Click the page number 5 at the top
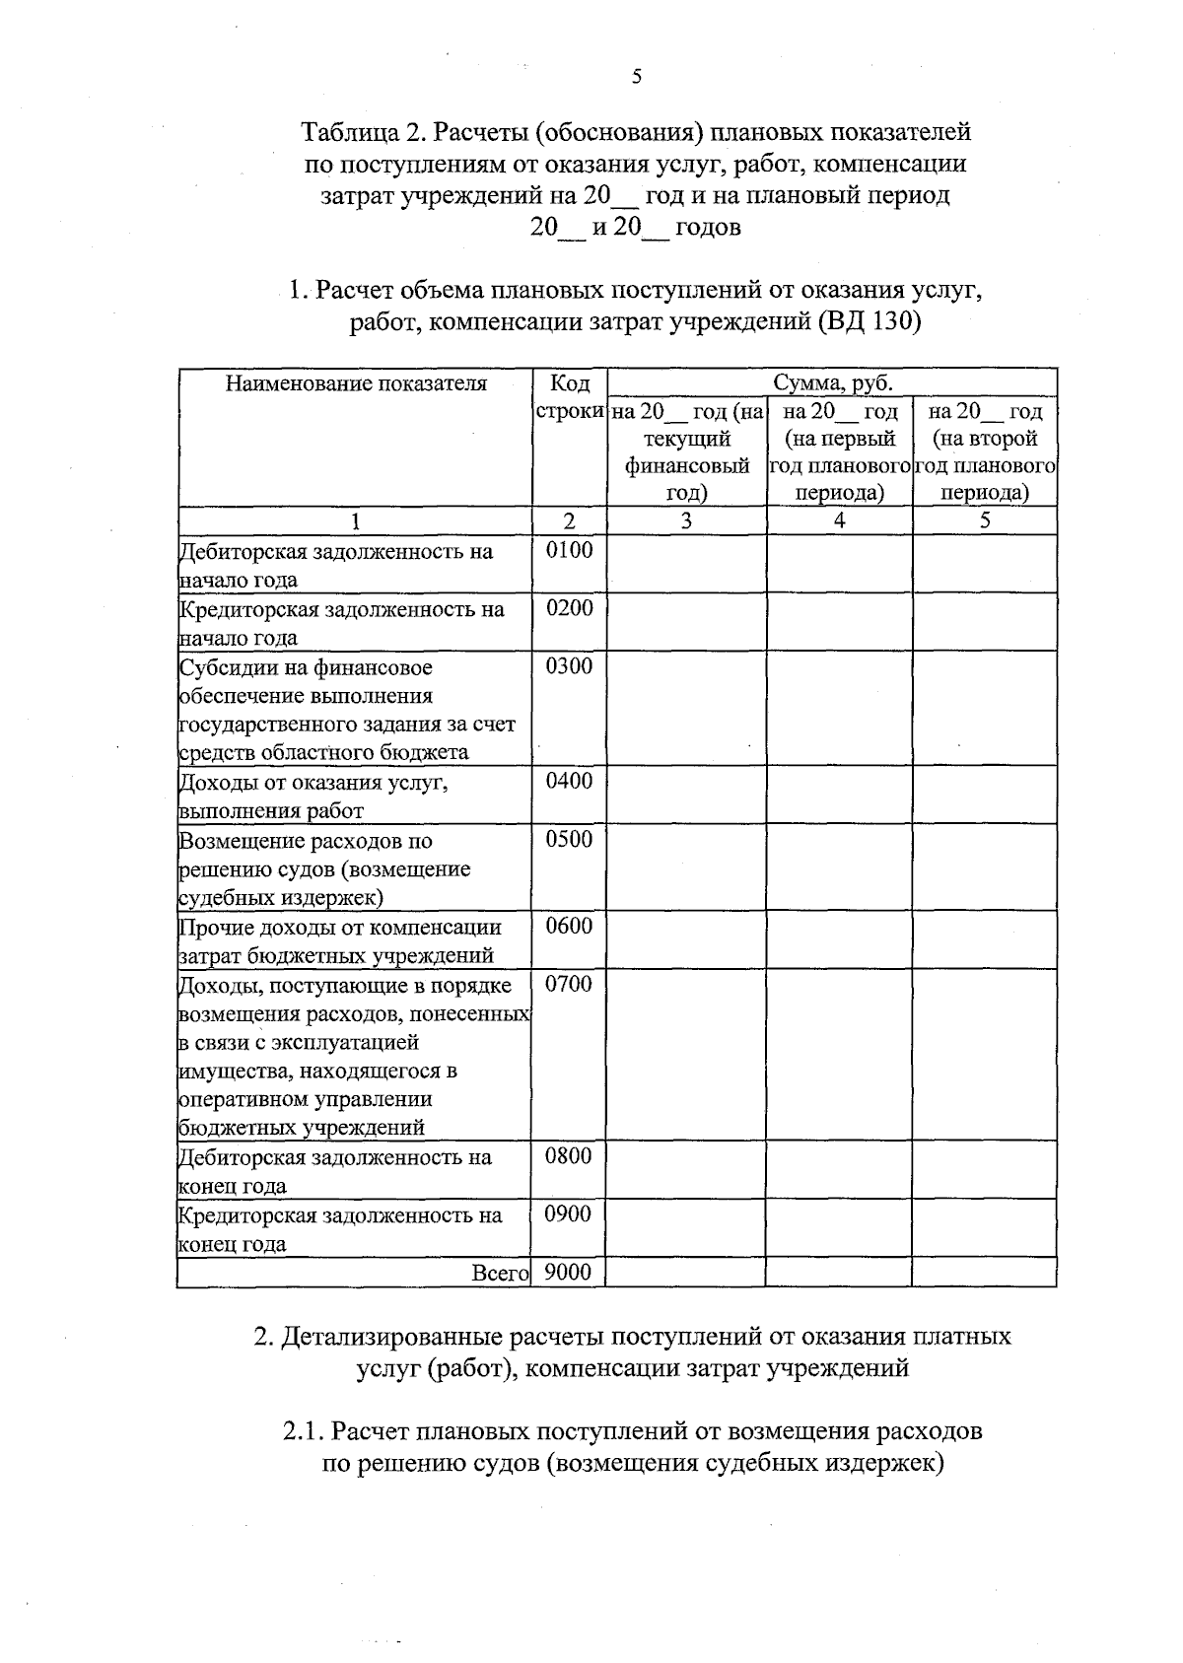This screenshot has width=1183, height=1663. (x=637, y=77)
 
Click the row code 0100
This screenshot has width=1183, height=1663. (x=570, y=550)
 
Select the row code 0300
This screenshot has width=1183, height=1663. (x=570, y=666)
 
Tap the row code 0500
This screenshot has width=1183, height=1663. (x=570, y=839)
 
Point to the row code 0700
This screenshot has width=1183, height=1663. (x=569, y=983)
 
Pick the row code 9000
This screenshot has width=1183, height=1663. (x=568, y=1273)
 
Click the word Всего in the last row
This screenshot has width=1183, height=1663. (x=501, y=1274)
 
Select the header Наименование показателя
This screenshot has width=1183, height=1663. (x=356, y=383)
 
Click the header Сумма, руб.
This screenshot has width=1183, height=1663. (x=832, y=382)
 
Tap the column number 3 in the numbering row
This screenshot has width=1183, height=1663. (x=686, y=520)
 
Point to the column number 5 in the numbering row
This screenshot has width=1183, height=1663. (x=984, y=520)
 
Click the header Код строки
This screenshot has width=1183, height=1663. (x=570, y=396)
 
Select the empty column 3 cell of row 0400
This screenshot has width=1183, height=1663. (x=686, y=796)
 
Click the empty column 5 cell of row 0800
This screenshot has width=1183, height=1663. (x=984, y=1170)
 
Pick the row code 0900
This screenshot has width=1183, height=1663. (x=569, y=1213)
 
